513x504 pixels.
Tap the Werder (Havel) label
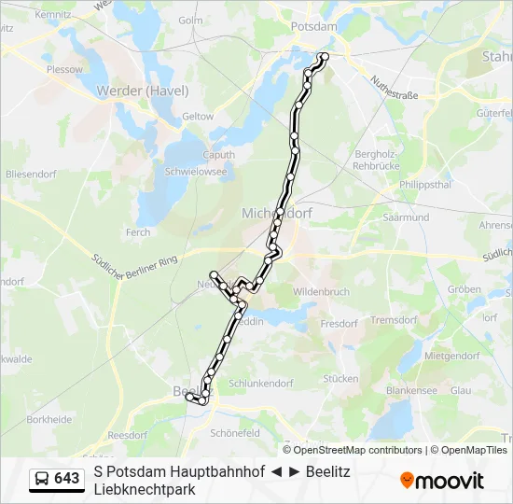click(x=143, y=91)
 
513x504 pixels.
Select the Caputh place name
click(x=219, y=155)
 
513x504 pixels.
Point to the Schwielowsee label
click(x=195, y=172)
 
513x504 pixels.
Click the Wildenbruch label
click(x=321, y=292)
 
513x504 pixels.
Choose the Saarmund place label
click(x=406, y=217)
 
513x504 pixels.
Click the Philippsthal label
click(x=424, y=184)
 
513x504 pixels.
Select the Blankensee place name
click(x=411, y=392)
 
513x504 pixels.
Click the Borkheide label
click(x=49, y=420)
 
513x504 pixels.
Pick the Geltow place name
click(x=198, y=117)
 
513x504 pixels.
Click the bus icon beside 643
click(x=42, y=479)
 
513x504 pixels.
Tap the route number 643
click(x=67, y=479)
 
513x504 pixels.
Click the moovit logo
click(x=442, y=481)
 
